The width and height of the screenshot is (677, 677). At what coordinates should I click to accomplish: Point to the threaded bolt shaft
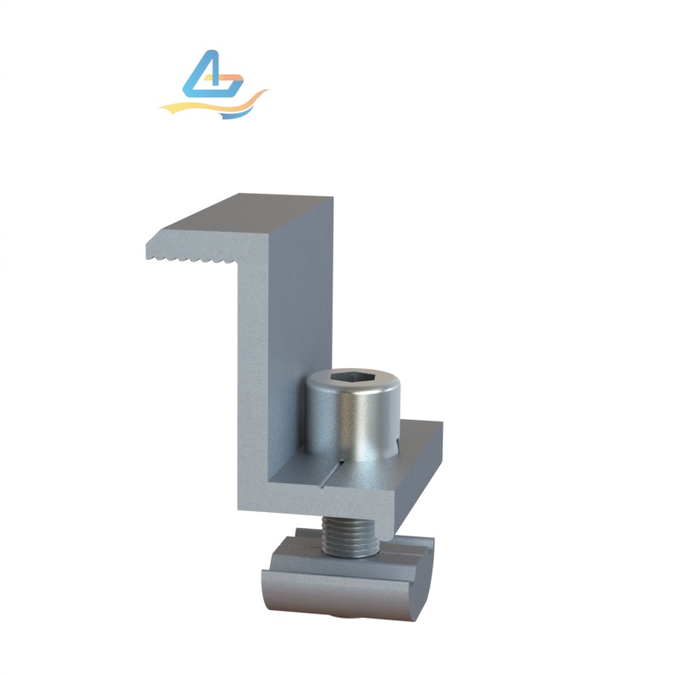350,538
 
